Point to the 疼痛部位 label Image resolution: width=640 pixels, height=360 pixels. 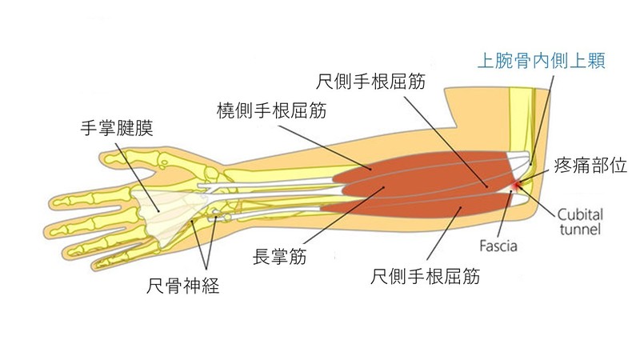pyautogui.click(x=594, y=166)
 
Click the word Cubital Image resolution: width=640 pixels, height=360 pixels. pyautogui.click(x=582, y=214)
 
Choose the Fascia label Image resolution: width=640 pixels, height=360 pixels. pyautogui.click(x=498, y=246)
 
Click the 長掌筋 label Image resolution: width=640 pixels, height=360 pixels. pyautogui.click(x=280, y=258)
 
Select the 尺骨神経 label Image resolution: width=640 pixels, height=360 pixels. pyautogui.click(x=183, y=286)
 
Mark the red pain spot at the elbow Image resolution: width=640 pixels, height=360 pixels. pyautogui.click(x=514, y=187)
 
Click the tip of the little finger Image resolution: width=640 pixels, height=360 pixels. pyautogui.click(x=99, y=263)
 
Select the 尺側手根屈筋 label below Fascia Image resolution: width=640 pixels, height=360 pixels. pyautogui.click(x=425, y=277)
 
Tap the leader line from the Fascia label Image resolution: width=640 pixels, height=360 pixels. pyautogui.click(x=505, y=214)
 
